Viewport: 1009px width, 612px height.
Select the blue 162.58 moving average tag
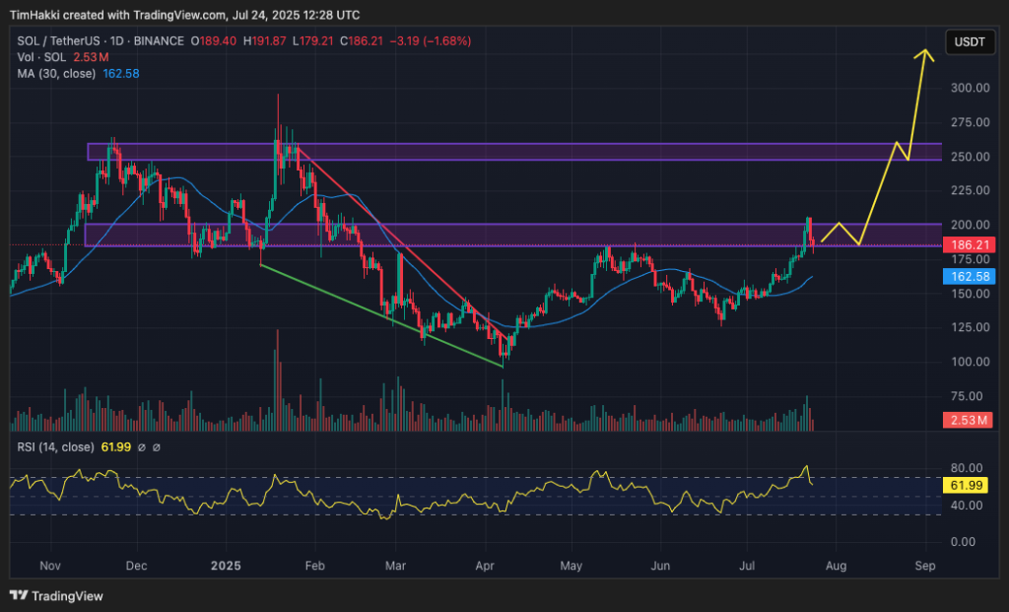point(970,278)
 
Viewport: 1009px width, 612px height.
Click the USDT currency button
point(967,41)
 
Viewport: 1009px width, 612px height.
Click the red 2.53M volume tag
point(969,421)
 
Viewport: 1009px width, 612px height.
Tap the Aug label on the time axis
point(835,567)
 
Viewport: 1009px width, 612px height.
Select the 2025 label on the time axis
point(227,567)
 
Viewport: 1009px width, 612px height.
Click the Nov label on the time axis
point(52,567)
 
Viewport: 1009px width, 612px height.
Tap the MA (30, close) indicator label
point(55,73)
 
